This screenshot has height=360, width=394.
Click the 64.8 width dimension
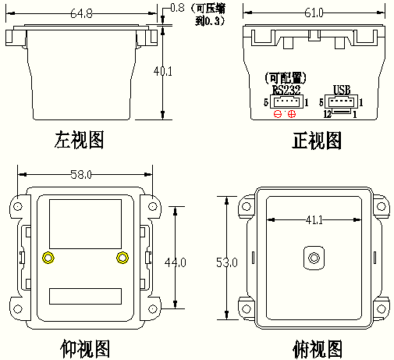tap(81, 13)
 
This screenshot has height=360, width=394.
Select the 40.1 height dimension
tap(163, 71)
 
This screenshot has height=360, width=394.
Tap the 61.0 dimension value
tap(314, 12)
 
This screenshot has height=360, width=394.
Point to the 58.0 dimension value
tap(81, 174)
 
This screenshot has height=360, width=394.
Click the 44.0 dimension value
tap(176, 262)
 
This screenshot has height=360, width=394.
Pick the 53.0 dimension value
tap(227, 262)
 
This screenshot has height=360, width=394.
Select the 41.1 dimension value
tap(314, 220)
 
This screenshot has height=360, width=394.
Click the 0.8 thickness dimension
tap(178, 8)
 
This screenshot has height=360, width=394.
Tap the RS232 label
tap(286, 90)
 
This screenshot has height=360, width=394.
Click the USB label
tap(342, 90)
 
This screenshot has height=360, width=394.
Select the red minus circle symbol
tap(278, 114)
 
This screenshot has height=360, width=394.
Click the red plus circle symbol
tap(292, 114)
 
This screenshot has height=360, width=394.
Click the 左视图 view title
tap(79, 140)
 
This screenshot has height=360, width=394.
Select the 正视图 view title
tap(317, 141)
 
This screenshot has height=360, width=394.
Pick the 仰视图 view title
tap(85, 349)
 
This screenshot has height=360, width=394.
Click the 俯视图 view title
tap(318, 349)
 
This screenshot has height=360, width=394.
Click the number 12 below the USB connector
tap(328, 114)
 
